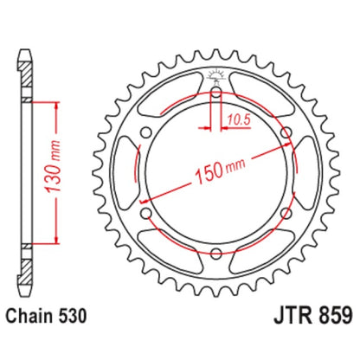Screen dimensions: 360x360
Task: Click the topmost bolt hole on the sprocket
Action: pyautogui.click(x=215, y=89)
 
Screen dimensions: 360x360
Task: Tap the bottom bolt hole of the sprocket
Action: pyautogui.click(x=215, y=253)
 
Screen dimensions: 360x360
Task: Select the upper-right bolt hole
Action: pyautogui.click(x=285, y=130)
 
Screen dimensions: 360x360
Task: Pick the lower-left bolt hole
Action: pyautogui.click(x=145, y=212)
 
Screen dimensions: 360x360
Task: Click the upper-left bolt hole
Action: pyautogui.click(x=145, y=130)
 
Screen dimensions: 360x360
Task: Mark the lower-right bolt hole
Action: pyautogui.click(x=285, y=212)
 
